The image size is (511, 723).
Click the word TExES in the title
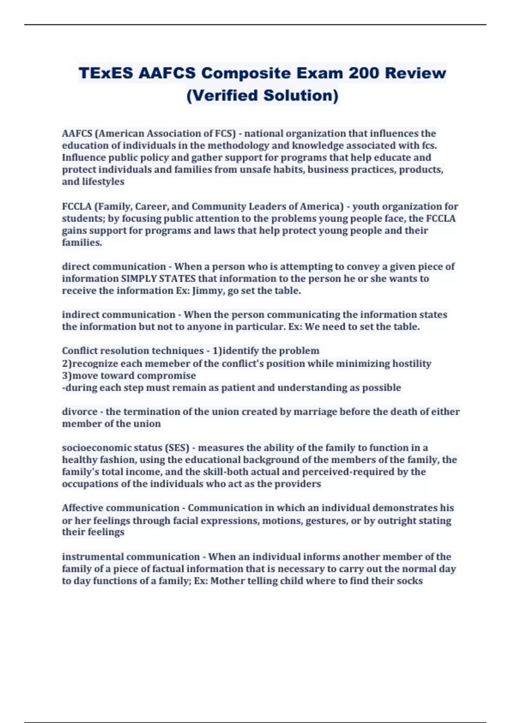click(x=106, y=73)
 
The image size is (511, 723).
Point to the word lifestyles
click(x=103, y=182)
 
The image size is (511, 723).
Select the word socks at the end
click(x=411, y=581)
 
